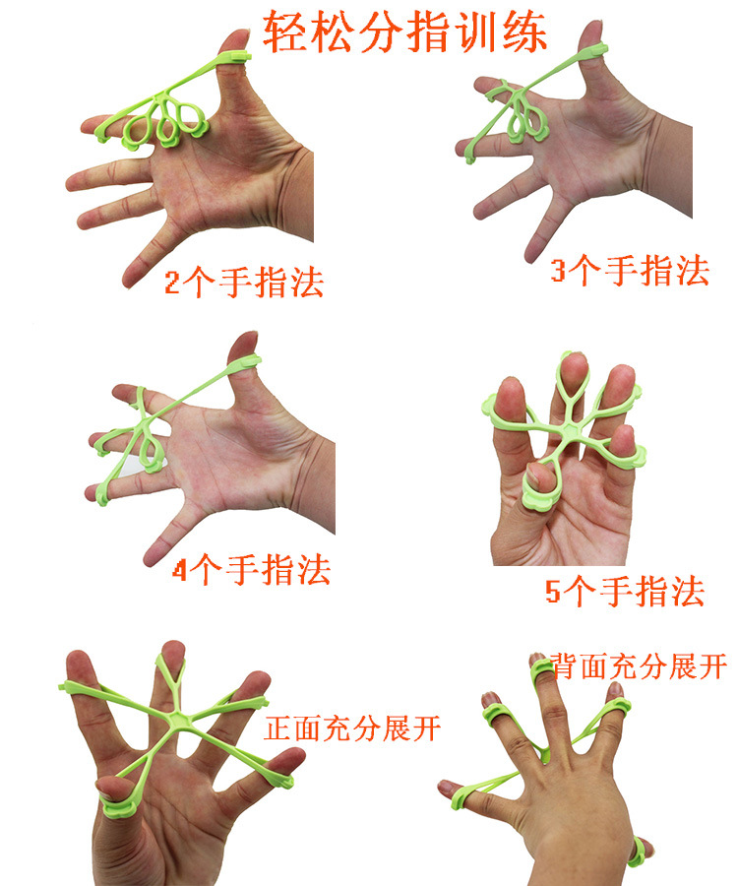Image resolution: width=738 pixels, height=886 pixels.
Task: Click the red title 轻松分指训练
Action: click(404, 33)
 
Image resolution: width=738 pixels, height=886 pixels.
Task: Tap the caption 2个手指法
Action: click(244, 284)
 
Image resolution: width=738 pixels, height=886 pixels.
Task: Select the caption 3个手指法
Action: click(630, 270)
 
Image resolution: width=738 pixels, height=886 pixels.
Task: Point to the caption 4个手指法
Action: click(252, 571)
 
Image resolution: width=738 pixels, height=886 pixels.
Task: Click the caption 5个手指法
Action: click(625, 593)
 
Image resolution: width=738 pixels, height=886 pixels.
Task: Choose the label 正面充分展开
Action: click(352, 729)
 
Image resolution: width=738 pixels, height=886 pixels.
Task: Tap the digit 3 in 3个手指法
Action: click(559, 271)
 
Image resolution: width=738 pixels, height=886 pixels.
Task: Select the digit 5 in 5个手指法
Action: click(554, 594)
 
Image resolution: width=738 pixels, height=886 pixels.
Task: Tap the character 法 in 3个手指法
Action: click(691, 270)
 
